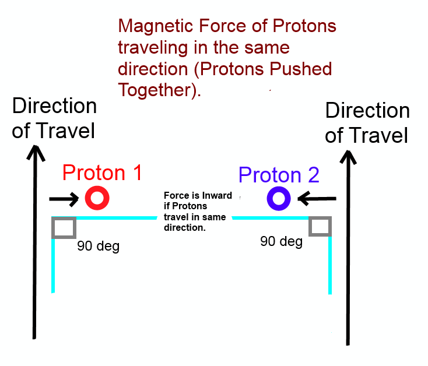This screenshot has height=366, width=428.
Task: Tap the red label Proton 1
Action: coord(102,173)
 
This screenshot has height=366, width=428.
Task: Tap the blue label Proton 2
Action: coord(279,175)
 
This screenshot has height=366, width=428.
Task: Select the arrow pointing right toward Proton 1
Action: coord(64,199)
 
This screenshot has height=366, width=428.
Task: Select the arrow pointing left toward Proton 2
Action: coord(317,199)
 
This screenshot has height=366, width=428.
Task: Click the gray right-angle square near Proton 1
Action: coord(52,227)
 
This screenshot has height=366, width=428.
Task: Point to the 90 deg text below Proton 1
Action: coord(99,246)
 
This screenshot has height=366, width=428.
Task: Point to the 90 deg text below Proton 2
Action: coord(282,242)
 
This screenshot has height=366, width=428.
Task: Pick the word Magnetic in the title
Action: coord(156,26)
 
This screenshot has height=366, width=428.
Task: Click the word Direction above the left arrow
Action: coord(55,105)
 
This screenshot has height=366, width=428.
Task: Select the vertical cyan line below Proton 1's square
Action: coord(53,266)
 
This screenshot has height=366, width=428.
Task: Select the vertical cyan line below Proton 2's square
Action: coord(330,265)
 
